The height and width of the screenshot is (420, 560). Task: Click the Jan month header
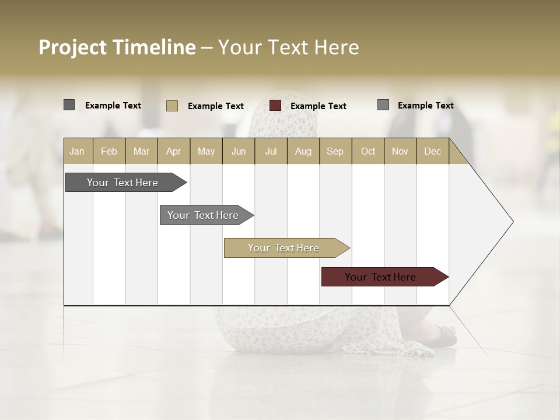(77, 151)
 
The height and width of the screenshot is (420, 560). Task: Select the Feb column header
(109, 151)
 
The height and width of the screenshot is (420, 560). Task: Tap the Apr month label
(173, 151)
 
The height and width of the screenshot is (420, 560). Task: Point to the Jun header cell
(239, 151)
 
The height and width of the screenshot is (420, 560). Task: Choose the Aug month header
(303, 151)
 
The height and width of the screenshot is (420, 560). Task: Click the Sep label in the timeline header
(335, 151)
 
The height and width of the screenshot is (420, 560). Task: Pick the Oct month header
(368, 151)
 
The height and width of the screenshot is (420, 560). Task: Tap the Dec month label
(432, 151)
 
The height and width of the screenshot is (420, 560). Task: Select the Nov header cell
(400, 151)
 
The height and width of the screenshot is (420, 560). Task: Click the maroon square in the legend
(275, 106)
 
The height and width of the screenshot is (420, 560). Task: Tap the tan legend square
(172, 106)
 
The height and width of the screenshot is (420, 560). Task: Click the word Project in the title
(72, 47)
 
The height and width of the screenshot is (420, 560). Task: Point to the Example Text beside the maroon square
(318, 106)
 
